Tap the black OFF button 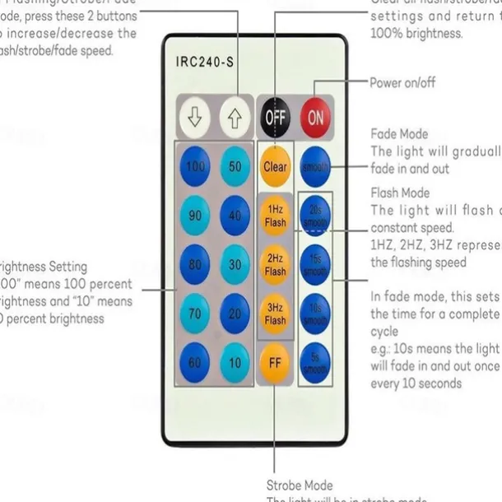point(275,118)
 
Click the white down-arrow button point(195,118)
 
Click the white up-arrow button point(235,118)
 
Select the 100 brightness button point(195,167)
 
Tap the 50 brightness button point(235,167)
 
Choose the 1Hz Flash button point(275,216)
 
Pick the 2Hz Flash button point(275,265)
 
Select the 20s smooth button point(315,216)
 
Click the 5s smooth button point(315,360)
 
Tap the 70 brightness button point(195,313)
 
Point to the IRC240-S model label point(206,62)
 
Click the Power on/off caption point(402,83)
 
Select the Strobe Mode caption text point(299,486)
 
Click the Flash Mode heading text point(400,193)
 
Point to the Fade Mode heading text point(399,134)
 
